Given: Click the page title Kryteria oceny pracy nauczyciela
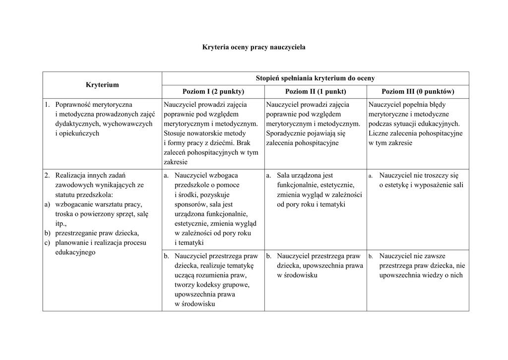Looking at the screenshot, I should click(254, 47).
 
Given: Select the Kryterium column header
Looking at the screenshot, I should click(102, 85).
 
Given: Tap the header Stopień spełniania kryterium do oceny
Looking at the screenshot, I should click(315, 78).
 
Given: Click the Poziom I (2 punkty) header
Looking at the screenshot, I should click(213, 92).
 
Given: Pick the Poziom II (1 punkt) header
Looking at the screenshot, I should click(316, 92).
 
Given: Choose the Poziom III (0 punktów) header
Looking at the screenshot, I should click(418, 92).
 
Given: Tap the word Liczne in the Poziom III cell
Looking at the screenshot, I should click(379, 133).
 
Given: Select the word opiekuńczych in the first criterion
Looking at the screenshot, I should click(77, 133).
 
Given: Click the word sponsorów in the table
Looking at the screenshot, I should click(189, 204).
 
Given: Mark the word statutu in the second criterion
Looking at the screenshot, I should click(65, 195).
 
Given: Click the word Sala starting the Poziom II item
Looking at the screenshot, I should click(284, 175).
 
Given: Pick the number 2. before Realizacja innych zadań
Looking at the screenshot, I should click(47, 175).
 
